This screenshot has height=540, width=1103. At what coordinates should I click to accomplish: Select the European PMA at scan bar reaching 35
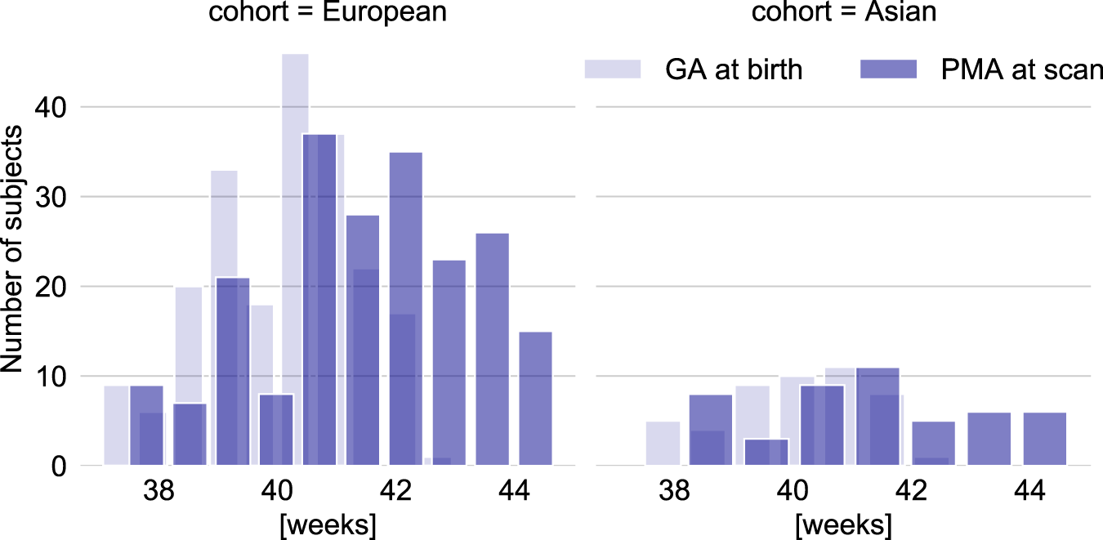(x=405, y=310)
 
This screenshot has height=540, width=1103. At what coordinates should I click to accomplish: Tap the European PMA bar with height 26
(x=492, y=351)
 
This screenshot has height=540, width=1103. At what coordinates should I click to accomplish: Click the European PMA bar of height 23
(x=449, y=364)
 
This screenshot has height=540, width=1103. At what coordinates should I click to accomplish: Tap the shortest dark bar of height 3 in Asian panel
(x=766, y=453)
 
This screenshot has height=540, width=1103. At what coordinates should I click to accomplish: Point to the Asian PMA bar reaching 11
(x=877, y=417)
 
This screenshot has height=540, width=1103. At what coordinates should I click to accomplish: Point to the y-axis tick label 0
(x=58, y=466)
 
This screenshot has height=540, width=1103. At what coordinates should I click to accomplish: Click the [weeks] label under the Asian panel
(x=843, y=523)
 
